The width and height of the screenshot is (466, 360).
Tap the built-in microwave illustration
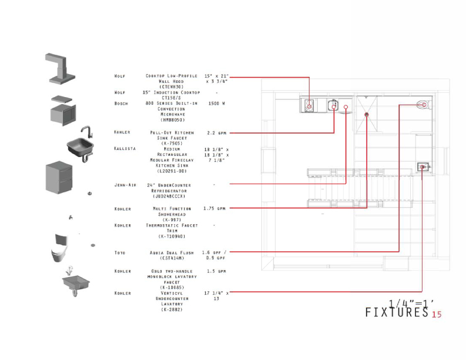coord(62,112)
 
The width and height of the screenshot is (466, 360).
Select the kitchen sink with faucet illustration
coord(81,144)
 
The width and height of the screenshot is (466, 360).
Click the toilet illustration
coord(61,251)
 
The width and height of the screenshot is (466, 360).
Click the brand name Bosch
coord(121,103)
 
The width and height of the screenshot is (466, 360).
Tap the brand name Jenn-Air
coord(125,185)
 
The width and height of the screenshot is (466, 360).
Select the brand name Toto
coord(119,253)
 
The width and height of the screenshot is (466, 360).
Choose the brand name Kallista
coord(125,149)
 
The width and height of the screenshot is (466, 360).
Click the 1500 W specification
coord(217,103)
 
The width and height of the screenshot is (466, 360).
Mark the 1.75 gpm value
coord(214,208)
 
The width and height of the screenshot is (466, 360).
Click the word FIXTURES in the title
coord(397,312)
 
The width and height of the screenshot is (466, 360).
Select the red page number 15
coord(437,315)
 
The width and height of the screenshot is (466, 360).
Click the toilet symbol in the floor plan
coord(422,106)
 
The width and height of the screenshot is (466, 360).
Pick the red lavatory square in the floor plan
coord(422,167)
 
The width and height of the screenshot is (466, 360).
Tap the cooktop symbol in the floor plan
coord(309,106)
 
